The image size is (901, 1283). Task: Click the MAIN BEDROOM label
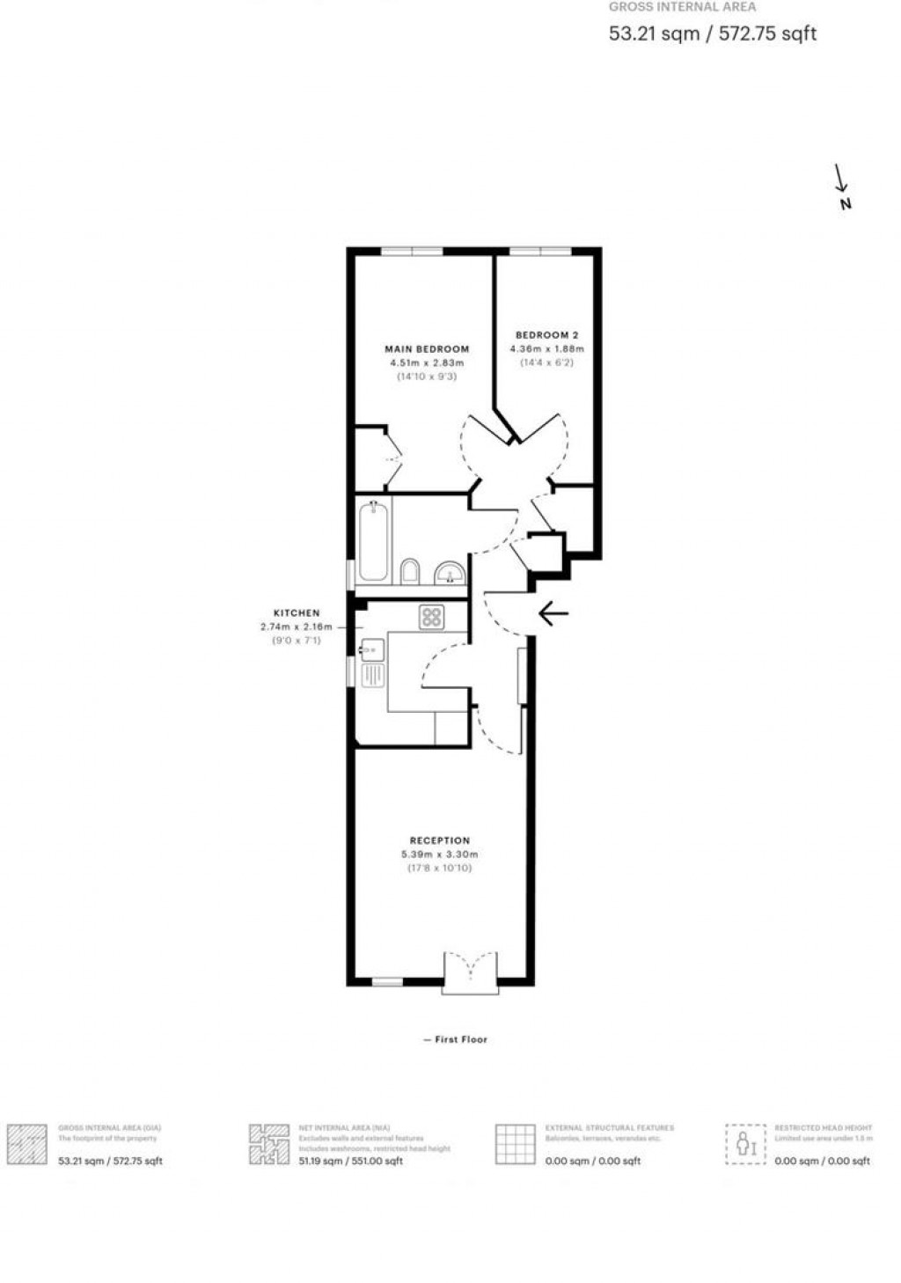point(427,348)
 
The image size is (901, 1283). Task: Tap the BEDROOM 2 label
point(546,335)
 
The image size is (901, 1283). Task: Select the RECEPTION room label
point(440,840)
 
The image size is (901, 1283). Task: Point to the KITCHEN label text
point(297,612)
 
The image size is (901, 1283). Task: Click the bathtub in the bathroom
point(373,541)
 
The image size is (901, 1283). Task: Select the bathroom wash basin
point(450,573)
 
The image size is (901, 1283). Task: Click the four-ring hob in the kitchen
point(430,617)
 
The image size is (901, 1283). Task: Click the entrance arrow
point(553,613)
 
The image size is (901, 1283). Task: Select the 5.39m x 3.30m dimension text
point(440,854)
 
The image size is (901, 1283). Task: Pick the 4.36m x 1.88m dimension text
point(546,348)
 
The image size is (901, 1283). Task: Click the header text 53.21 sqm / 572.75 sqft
point(713,33)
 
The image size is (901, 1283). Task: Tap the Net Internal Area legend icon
point(268,1144)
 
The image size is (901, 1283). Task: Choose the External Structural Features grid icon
point(516,1144)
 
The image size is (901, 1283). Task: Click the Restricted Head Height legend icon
point(745,1144)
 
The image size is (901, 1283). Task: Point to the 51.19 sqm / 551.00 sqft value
point(350,1161)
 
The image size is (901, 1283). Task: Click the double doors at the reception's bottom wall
point(471,972)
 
